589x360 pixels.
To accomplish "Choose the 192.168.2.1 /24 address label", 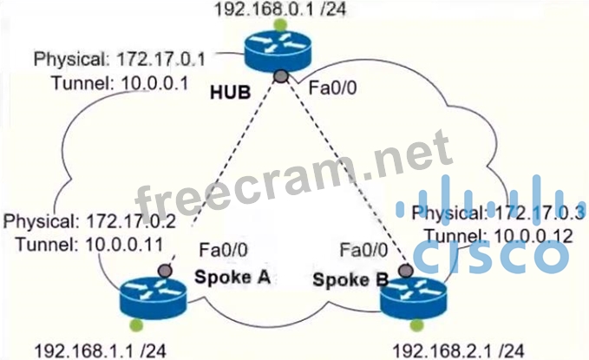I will click(x=458, y=350).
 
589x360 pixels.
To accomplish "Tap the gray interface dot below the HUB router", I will click(x=280, y=78).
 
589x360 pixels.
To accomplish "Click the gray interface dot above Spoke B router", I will click(x=404, y=271).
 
